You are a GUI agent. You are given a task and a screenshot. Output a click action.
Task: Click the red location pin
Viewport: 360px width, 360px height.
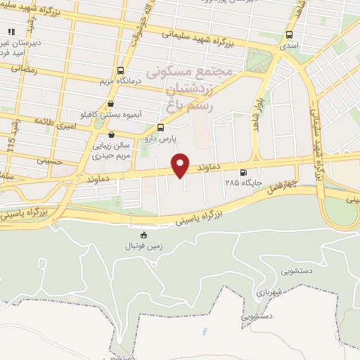click(181, 165)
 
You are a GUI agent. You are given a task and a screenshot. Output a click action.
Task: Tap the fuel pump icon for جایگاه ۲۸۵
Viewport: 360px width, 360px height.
click(244, 172)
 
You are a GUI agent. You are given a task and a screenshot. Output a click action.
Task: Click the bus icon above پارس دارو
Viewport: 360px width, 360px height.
click(161, 127)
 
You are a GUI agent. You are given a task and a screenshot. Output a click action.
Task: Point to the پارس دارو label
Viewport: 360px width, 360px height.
click(160, 138)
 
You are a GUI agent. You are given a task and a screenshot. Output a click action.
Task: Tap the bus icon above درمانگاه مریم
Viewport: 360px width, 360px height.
click(121, 70)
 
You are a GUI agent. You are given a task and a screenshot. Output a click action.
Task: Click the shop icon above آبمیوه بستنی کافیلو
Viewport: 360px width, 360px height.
click(110, 104)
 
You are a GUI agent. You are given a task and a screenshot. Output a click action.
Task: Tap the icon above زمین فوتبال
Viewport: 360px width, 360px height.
click(144, 235)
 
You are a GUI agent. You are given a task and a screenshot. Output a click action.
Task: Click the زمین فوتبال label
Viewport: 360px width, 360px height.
click(144, 245)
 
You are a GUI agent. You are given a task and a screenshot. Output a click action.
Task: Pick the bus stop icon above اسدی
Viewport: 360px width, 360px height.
click(289, 35)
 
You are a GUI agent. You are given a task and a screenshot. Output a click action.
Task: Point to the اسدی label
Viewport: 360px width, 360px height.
click(289, 46)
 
